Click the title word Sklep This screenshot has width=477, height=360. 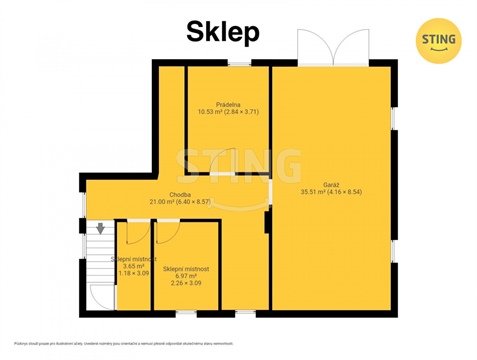coord(224,32)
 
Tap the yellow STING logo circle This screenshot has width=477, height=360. coord(437,40)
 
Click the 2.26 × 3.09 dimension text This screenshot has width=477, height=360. coord(185,283)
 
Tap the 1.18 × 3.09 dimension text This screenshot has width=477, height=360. coord(130,273)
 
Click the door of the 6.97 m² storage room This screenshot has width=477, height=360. coord(168,230)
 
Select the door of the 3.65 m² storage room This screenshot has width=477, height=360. coord(130,232)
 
